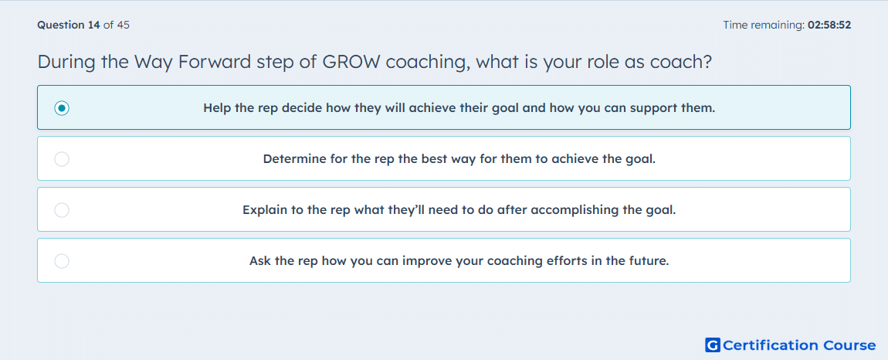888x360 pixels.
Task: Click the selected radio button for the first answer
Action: tap(62, 107)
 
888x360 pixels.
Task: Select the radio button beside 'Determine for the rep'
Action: tap(62, 159)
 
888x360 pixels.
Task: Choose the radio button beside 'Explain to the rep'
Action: tap(62, 210)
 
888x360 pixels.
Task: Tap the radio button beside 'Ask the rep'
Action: tap(62, 261)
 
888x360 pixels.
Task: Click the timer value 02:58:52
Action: tap(829, 25)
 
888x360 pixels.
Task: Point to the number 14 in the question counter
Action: tap(94, 25)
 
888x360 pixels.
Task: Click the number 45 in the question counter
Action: tap(124, 25)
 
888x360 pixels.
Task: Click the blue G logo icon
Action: tap(713, 345)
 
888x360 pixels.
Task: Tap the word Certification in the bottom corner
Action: tap(771, 345)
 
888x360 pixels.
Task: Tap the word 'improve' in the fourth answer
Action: tap(423, 262)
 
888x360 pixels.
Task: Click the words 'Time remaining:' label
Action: tap(764, 25)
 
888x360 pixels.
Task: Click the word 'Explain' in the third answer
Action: tap(263, 211)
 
